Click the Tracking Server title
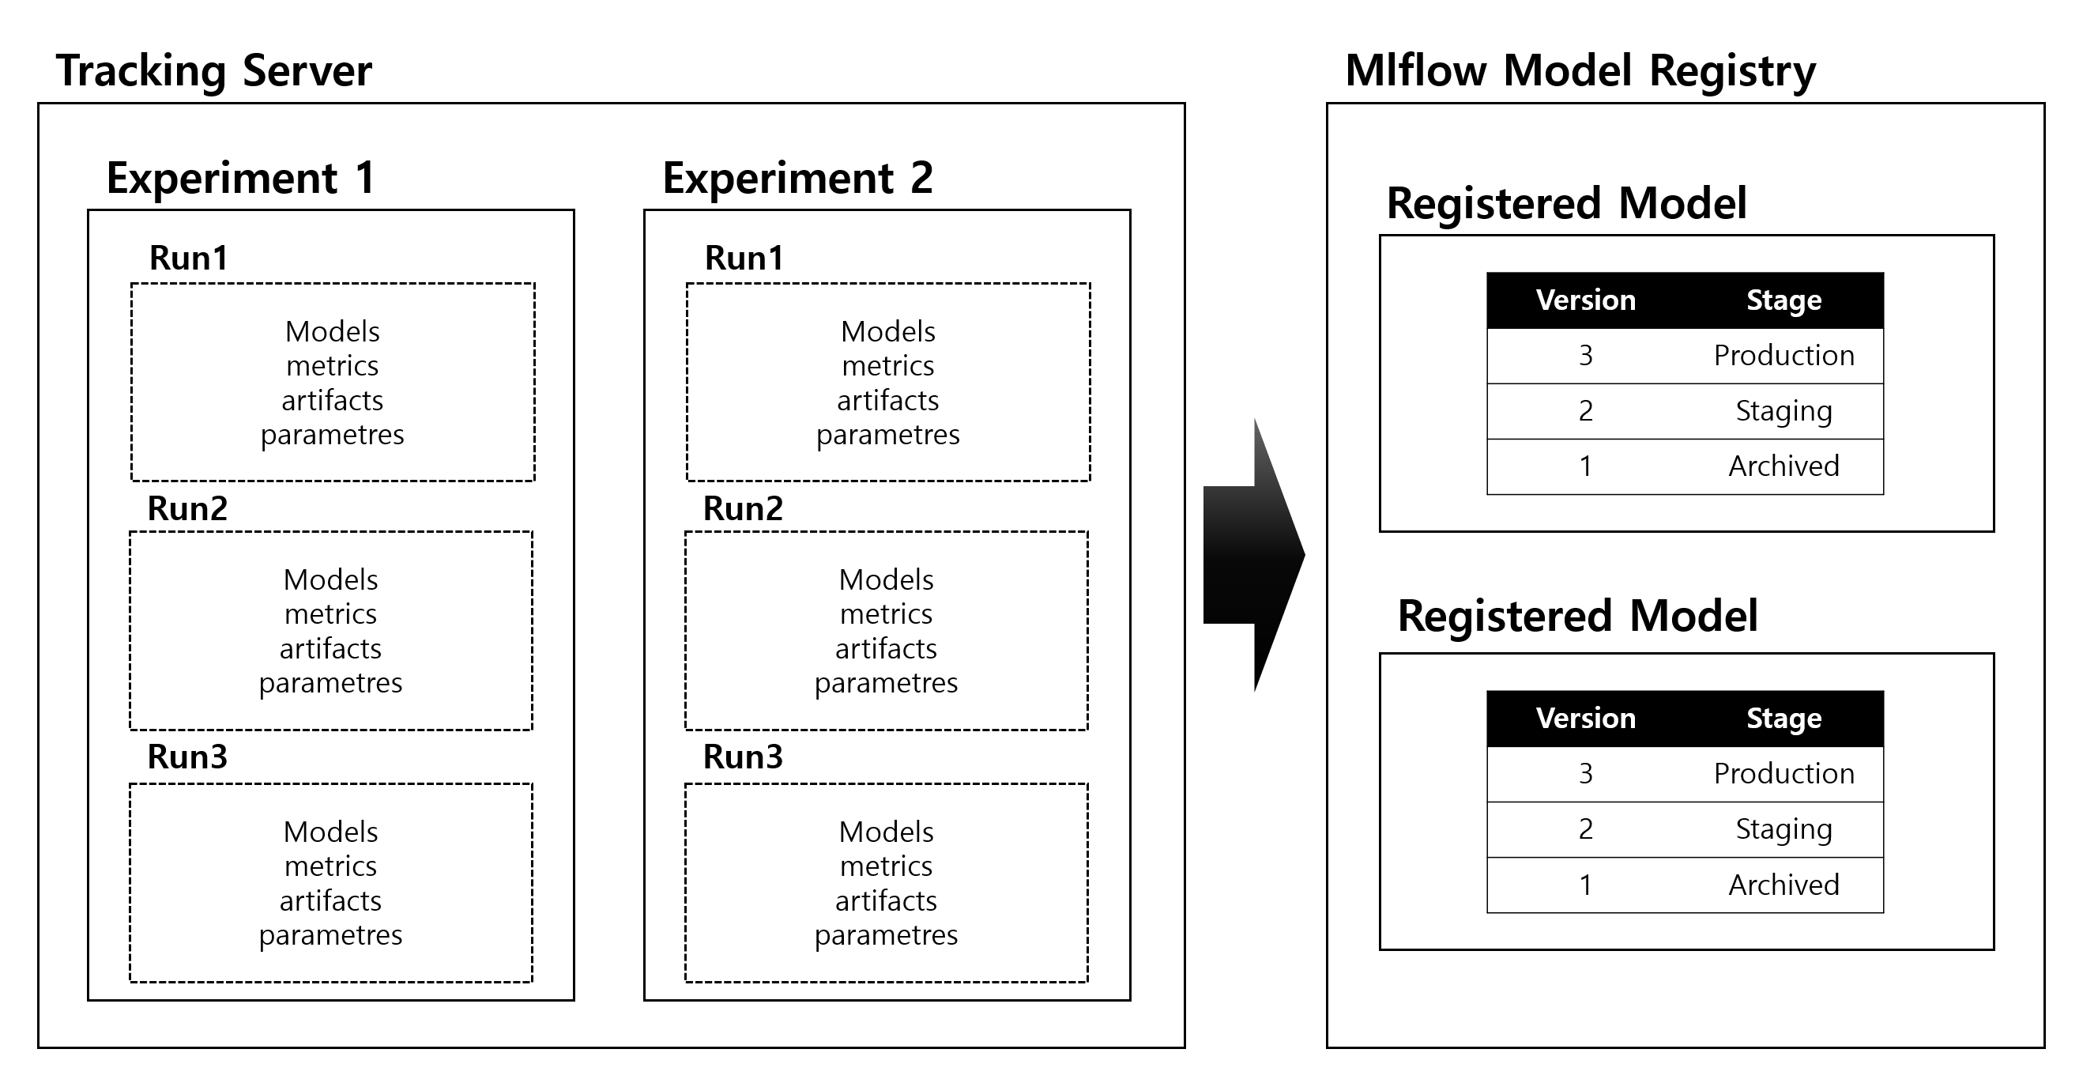[213, 71]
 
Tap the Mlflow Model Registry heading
[1579, 71]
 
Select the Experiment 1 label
[240, 178]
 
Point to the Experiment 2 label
[797, 178]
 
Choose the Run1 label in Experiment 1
[188, 259]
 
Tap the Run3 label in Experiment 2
[743, 757]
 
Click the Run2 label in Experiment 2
[743, 508]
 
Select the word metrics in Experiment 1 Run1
[333, 366]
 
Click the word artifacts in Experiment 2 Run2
[886, 648]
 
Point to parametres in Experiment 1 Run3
[330, 934]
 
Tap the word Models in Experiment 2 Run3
[886, 832]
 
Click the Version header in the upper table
[1585, 300]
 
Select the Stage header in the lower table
[1783, 719]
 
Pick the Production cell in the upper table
[1783, 356]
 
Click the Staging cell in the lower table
[1783, 829]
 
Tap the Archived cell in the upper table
[1783, 466]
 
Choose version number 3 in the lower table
[1585, 774]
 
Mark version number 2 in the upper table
[1585, 410]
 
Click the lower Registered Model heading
[1576, 616]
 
